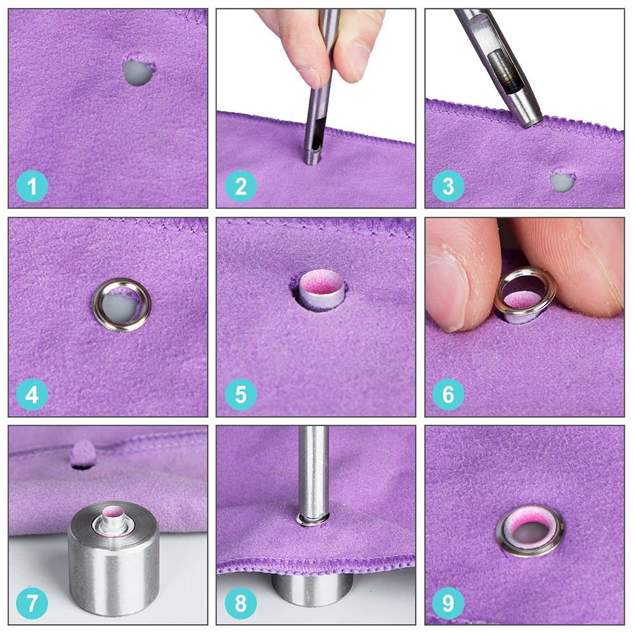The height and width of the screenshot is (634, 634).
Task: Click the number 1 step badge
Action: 32,186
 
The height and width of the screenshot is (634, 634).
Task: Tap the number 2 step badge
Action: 240,186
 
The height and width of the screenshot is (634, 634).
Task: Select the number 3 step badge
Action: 448,186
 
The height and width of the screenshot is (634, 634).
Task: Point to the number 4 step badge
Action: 32,394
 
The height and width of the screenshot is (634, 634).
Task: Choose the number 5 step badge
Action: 240,394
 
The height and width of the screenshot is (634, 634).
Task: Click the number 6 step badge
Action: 448,394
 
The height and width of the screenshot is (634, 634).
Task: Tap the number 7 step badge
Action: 32,604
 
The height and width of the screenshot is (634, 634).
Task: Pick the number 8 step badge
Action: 240,604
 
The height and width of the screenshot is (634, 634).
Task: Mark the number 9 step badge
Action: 448,604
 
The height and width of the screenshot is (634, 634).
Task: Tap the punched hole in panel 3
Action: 562,181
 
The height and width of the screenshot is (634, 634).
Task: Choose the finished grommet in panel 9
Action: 500,529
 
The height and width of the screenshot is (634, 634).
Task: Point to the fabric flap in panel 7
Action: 82,452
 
